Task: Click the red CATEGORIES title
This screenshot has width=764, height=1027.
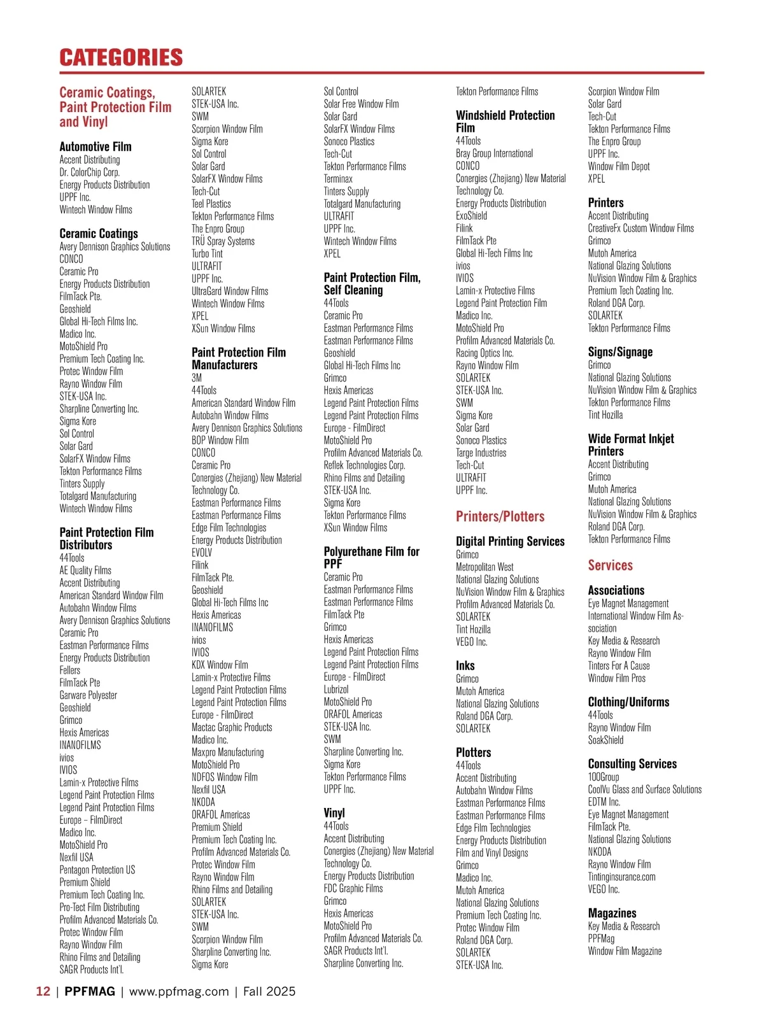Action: pos(121,57)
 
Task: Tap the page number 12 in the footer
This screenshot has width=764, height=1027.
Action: pos(43,991)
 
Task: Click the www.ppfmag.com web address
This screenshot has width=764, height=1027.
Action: pos(179,991)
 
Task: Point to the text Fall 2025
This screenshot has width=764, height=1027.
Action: pos(269,991)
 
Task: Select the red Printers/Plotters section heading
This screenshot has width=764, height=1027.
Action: pos(500,516)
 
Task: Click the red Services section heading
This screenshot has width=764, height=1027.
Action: pos(610,565)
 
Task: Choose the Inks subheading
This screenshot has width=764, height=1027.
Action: pos(465,665)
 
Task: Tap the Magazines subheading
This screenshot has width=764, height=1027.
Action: pos(612,913)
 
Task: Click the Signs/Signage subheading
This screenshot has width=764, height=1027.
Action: pos(620,352)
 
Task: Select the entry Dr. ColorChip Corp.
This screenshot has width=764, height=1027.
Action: pos(89,172)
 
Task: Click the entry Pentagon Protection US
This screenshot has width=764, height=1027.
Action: pos(97,870)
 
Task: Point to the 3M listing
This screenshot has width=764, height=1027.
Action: pos(197,378)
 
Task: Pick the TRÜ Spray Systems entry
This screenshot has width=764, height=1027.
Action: pos(223,241)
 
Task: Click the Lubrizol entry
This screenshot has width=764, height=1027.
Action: pos(336,689)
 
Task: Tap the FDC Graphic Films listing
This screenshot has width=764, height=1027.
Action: pos(353,888)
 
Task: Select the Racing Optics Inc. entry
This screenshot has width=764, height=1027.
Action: pos(485,353)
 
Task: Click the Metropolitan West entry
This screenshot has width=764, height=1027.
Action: pos(485,567)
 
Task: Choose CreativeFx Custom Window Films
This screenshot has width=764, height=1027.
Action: pos(640,228)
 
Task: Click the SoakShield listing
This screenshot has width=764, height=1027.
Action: pos(605,740)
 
